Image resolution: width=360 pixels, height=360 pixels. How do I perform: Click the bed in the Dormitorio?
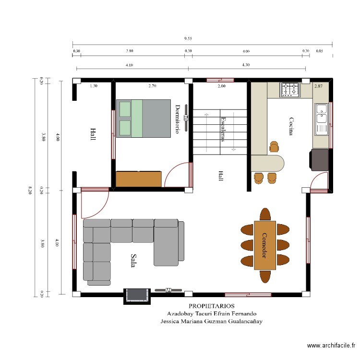tap(144, 119)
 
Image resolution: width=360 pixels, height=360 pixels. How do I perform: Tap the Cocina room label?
tap(291, 126)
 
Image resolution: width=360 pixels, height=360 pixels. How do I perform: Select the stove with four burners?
tap(290, 89)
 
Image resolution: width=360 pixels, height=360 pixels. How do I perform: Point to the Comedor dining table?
tap(264, 245)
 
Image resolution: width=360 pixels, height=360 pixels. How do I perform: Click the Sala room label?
tap(133, 261)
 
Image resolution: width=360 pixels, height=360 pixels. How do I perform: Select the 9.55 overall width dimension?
tap(188, 38)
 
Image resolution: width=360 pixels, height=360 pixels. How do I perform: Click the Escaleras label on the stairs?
tap(223, 129)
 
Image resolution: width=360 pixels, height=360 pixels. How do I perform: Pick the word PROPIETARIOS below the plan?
tap(212, 306)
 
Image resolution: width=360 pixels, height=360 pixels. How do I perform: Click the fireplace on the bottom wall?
tap(136, 296)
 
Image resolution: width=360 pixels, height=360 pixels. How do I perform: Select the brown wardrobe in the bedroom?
tap(139, 179)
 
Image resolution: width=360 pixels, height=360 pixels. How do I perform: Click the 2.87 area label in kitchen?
tap(318, 86)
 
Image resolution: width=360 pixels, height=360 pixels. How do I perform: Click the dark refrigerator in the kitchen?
tap(320, 159)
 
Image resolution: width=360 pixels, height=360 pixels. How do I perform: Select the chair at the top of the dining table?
tap(265, 213)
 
